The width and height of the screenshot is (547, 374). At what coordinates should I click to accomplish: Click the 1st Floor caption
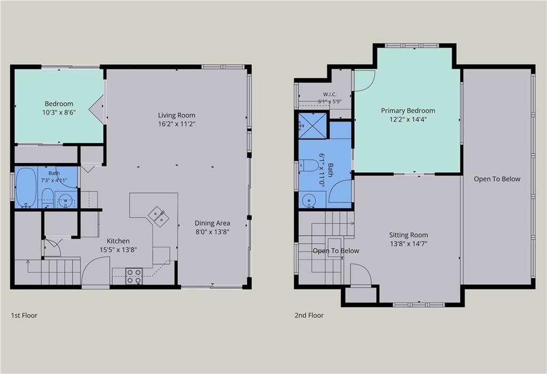click(x=24, y=315)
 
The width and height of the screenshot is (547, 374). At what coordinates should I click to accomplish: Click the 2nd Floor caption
click(x=309, y=315)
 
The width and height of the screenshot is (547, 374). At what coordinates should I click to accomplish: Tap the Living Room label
click(x=176, y=116)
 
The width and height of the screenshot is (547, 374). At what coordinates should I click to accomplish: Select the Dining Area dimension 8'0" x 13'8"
click(x=212, y=232)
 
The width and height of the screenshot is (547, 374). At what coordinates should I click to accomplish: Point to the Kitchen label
click(x=118, y=241)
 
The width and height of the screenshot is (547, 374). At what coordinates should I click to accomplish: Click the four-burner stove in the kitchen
click(x=134, y=276)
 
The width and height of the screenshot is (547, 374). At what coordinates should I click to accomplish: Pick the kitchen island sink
click(x=158, y=216)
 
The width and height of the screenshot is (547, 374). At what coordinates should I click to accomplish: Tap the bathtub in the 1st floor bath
click(x=26, y=188)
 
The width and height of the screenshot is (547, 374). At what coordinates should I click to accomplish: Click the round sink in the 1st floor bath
click(x=66, y=201)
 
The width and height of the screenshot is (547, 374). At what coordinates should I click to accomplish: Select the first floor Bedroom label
click(x=59, y=104)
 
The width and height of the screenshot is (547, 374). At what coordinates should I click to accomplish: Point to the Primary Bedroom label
click(x=408, y=111)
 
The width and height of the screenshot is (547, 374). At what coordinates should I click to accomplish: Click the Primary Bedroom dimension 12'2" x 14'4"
click(x=408, y=119)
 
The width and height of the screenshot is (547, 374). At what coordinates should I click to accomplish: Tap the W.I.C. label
click(x=330, y=94)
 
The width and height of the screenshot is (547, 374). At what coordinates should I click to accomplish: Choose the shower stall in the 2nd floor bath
click(x=313, y=125)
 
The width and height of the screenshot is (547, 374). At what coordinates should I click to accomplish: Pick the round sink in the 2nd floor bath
click(x=309, y=201)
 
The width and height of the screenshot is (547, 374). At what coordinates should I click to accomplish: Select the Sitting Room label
click(x=409, y=235)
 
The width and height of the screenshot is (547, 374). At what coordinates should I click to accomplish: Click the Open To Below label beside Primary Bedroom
click(x=497, y=179)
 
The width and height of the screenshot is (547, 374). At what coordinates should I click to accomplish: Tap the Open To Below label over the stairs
click(x=335, y=250)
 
